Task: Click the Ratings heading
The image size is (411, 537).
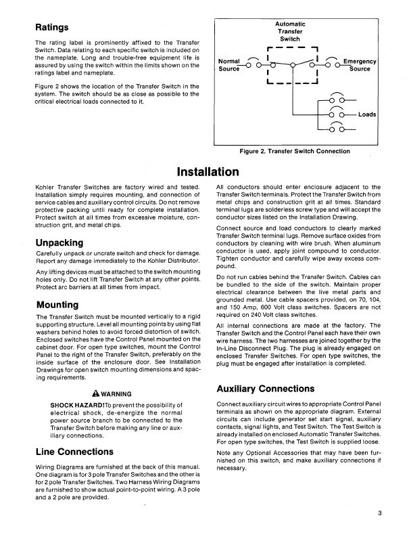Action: [54, 28]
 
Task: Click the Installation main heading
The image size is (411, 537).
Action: [207, 172]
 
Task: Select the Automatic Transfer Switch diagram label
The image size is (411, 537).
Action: [291, 31]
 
